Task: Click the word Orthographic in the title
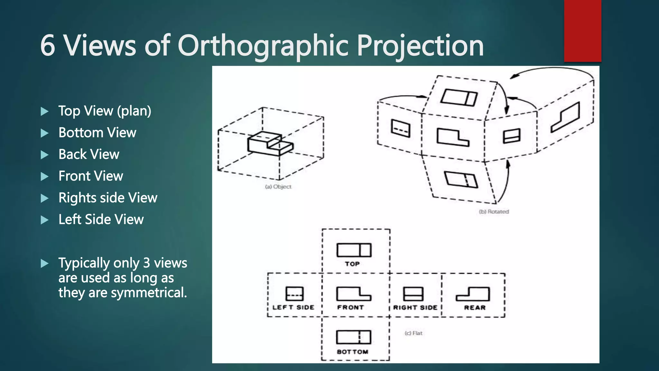pyautogui.click(x=263, y=46)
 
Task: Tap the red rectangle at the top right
pyautogui.click(x=582, y=31)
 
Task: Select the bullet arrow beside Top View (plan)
pyautogui.click(x=45, y=111)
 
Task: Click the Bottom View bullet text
pyautogui.click(x=97, y=133)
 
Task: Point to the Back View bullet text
pyautogui.click(x=89, y=154)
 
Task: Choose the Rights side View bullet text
pyautogui.click(x=108, y=198)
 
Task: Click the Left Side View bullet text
pyautogui.click(x=101, y=219)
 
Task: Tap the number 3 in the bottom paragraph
pyautogui.click(x=147, y=263)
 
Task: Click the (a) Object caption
pyautogui.click(x=278, y=187)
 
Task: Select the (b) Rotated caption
pyautogui.click(x=494, y=212)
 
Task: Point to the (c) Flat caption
pyautogui.click(x=413, y=333)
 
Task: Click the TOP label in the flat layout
pyautogui.click(x=352, y=264)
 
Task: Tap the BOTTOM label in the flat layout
pyautogui.click(x=352, y=352)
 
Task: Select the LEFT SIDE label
pyautogui.click(x=293, y=307)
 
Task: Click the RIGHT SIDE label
pyautogui.click(x=415, y=308)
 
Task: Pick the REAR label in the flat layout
pyautogui.click(x=475, y=308)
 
